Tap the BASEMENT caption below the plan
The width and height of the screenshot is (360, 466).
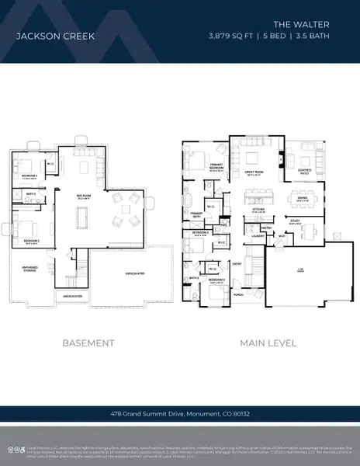[x=88, y=343]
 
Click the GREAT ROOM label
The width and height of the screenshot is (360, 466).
[x=252, y=173]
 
